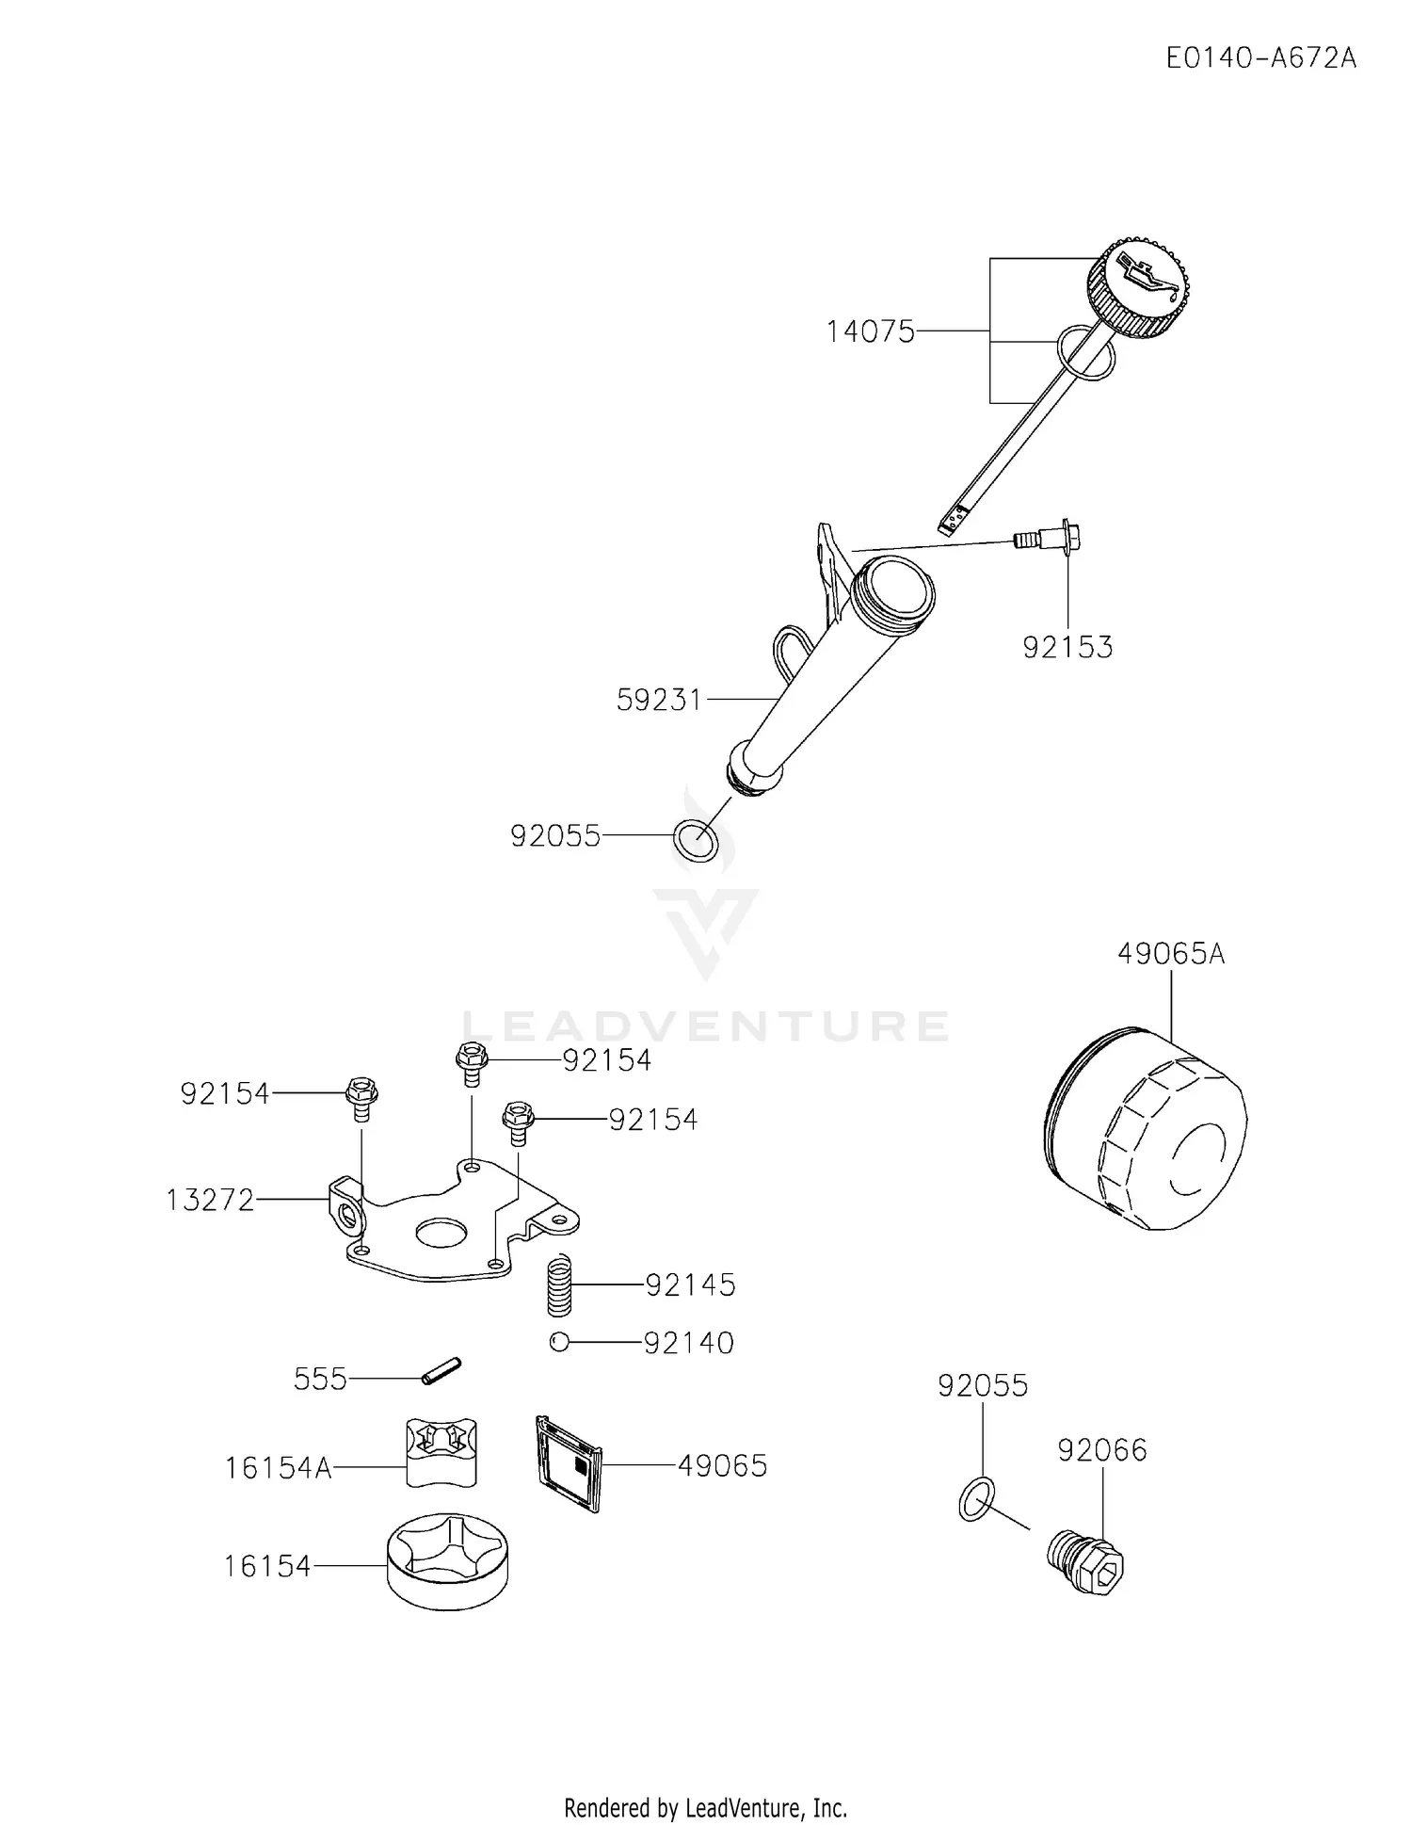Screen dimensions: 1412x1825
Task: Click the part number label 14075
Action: tap(871, 331)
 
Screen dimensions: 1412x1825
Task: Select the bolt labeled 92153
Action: tap(1046, 540)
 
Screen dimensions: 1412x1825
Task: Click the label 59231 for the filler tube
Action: tap(660, 700)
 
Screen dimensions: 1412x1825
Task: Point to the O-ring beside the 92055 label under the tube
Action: tap(696, 841)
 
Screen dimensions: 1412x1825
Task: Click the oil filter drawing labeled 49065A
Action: tap(1146, 1129)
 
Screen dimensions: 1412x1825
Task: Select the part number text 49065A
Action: tap(1171, 954)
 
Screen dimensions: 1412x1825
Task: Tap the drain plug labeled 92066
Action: tap(1086, 1562)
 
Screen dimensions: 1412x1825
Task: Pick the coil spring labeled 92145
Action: tap(561, 1285)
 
